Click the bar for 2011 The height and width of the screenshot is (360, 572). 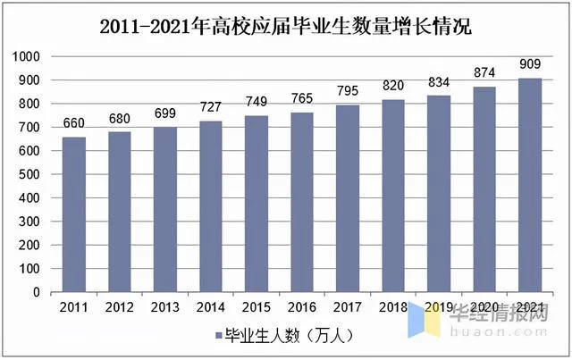click(x=73, y=214)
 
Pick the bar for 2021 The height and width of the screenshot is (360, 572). click(x=531, y=185)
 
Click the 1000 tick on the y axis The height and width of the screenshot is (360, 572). click(x=29, y=56)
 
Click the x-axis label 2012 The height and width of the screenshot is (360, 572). click(x=119, y=307)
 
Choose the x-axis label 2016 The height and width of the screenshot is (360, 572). click(x=302, y=307)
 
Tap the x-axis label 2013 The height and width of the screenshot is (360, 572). click(x=164, y=307)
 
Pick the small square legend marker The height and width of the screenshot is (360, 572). click(x=218, y=336)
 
